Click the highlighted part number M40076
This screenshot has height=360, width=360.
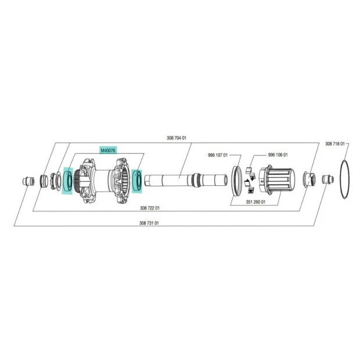click(x=108, y=150)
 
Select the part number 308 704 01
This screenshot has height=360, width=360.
click(x=177, y=138)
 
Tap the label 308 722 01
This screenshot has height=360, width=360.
click(x=150, y=208)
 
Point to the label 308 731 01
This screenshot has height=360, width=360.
click(x=149, y=223)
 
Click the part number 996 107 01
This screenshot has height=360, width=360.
click(x=218, y=155)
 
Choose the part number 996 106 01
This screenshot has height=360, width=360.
click(x=278, y=155)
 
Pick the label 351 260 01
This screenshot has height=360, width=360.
click(x=255, y=202)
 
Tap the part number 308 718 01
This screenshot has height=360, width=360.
click(x=335, y=144)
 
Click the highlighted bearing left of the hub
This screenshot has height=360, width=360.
click(x=68, y=181)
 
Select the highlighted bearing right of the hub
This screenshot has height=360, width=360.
click(x=137, y=180)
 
